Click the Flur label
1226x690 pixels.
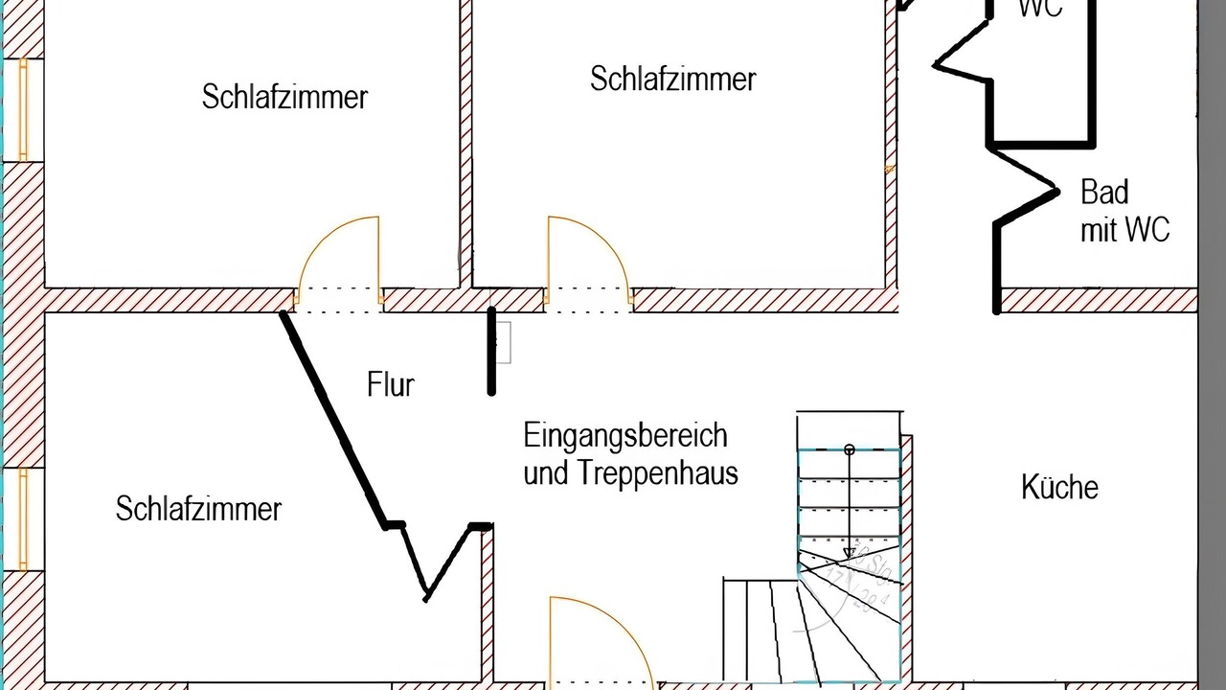pyautogui.click(x=391, y=384)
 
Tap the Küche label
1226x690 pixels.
pyautogui.click(x=1059, y=487)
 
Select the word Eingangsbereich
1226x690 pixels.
pyautogui.click(x=625, y=436)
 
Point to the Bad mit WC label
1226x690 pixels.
pyautogui.click(x=1124, y=211)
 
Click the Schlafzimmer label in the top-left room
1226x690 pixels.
pyautogui.click(x=284, y=97)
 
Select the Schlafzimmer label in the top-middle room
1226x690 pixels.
pyautogui.click(x=672, y=79)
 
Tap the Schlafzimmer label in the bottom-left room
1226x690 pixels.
pyautogui.click(x=198, y=508)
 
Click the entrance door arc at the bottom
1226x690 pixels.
pyautogui.click(x=603, y=637)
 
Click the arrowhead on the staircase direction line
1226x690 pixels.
pyautogui.click(x=849, y=553)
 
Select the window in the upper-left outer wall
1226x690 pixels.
pyautogui.click(x=22, y=108)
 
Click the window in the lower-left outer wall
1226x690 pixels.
pyautogui.click(x=22, y=518)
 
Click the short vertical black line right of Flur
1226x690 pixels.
pyautogui.click(x=492, y=351)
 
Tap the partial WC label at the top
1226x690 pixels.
pyautogui.click(x=1040, y=9)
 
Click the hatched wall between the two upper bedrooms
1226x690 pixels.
pyautogui.click(x=466, y=144)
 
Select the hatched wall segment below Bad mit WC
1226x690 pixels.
pyautogui.click(x=1098, y=301)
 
